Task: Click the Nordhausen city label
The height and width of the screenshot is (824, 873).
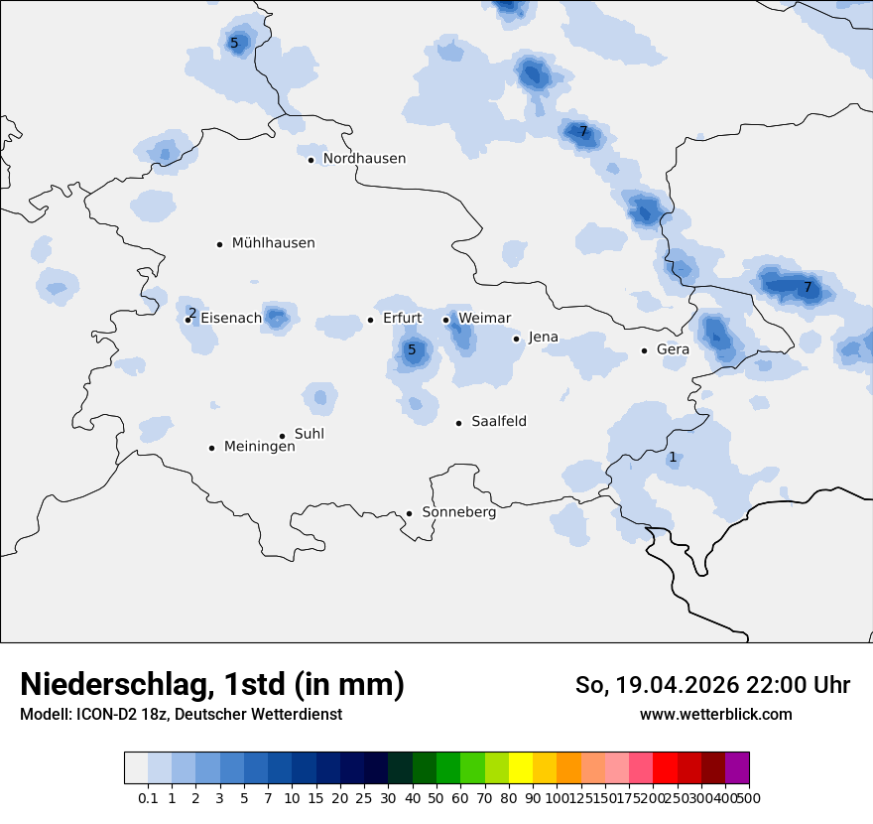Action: (x=364, y=159)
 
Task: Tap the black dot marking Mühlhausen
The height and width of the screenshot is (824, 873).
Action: (x=220, y=244)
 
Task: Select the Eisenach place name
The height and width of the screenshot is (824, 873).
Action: (x=231, y=319)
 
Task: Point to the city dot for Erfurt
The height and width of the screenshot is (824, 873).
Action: (x=371, y=320)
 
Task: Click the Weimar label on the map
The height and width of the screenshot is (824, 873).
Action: (x=485, y=319)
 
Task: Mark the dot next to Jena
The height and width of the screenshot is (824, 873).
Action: (x=517, y=339)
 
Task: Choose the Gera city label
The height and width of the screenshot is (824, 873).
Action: (x=673, y=350)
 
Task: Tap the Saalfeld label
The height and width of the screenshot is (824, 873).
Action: (x=499, y=422)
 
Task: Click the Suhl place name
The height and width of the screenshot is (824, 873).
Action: (x=310, y=435)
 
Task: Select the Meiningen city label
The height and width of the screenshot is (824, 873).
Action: (x=259, y=447)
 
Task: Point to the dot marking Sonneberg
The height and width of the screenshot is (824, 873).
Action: (x=409, y=513)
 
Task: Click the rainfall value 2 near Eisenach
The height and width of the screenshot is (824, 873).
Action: (x=192, y=313)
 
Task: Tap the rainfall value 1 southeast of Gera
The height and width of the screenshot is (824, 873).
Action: (x=673, y=458)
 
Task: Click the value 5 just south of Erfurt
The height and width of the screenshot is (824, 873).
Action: (x=412, y=349)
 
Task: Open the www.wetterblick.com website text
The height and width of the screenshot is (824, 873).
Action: (x=715, y=715)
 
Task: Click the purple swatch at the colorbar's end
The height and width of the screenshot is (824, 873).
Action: (x=737, y=768)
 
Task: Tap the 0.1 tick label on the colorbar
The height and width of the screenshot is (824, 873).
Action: (x=148, y=797)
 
